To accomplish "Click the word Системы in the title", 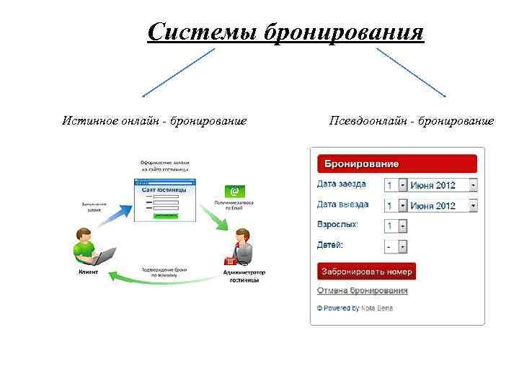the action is tap(203, 32).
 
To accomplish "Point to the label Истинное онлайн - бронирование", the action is tap(154, 120).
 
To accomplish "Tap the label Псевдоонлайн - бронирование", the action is tap(412, 120).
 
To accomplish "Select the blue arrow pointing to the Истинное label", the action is tap(178, 72).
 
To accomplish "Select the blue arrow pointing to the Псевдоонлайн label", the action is tap(410, 72).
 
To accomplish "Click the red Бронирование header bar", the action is tap(397, 164).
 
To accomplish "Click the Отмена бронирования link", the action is tap(363, 290).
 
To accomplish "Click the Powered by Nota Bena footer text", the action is tap(355, 308).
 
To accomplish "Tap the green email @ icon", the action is tap(233, 191).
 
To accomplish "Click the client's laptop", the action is tap(104, 256).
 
